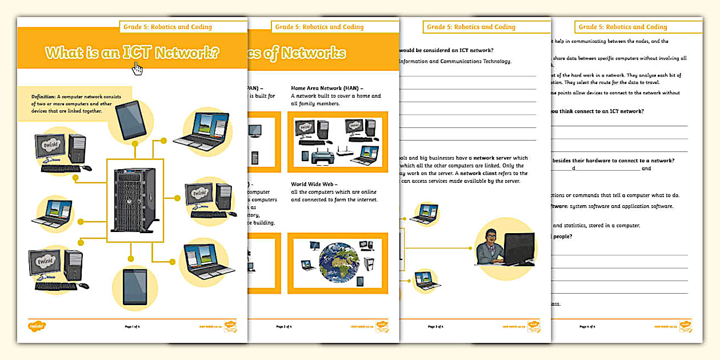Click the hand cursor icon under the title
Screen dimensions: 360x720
[137, 68]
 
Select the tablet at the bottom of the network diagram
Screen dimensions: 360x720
[135, 286]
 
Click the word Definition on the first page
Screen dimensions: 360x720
[43, 97]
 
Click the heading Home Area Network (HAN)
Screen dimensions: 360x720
[326, 89]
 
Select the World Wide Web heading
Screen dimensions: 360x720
[314, 185]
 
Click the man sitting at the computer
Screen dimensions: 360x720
[489, 249]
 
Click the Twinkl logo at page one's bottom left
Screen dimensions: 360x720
[36, 326]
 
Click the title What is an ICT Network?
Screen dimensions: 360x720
[132, 53]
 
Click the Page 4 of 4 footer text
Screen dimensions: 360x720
[587, 327]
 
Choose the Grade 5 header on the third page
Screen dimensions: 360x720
[470, 27]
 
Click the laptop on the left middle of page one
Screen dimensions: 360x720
[53, 212]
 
